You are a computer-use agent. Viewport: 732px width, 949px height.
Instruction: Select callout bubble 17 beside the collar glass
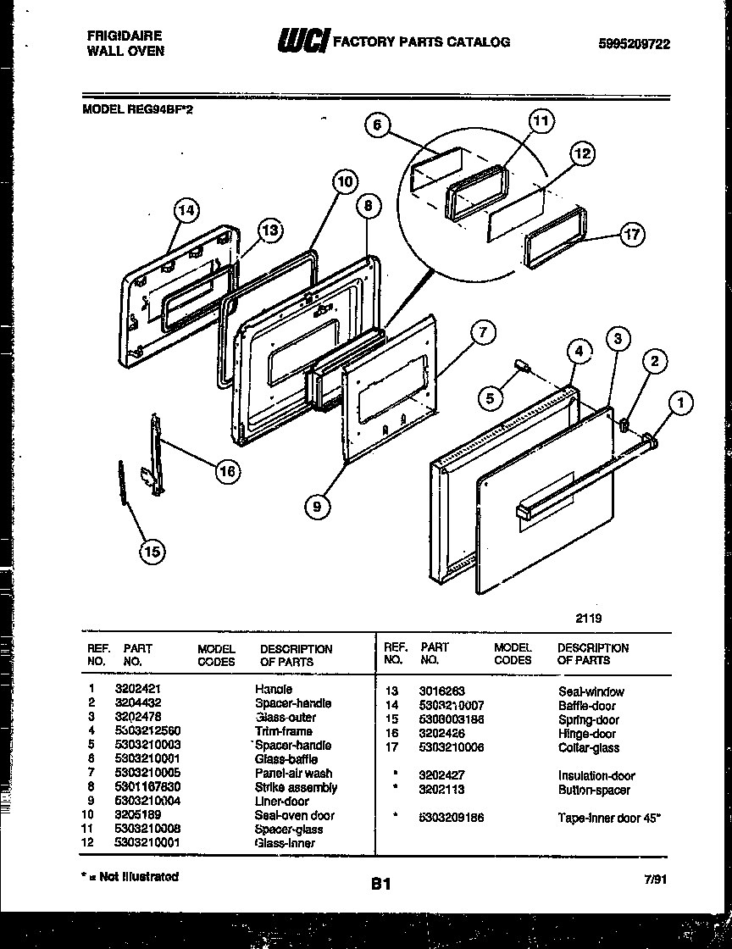(x=632, y=235)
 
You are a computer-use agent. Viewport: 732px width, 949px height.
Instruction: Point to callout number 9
(x=317, y=507)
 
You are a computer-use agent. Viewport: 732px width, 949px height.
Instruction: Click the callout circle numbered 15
(x=152, y=552)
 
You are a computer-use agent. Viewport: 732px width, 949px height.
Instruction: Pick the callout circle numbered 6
(x=379, y=125)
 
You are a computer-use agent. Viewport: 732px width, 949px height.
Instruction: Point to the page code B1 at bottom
(x=380, y=885)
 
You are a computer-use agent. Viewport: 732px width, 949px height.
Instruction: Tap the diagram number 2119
(x=587, y=619)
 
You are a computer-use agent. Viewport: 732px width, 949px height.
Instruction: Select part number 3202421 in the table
(x=133, y=689)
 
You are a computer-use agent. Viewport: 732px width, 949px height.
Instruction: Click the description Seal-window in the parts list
(x=591, y=691)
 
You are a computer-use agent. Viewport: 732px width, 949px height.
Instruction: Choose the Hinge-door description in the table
(x=586, y=734)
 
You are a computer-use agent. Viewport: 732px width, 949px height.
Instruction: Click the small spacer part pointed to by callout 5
(x=523, y=367)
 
